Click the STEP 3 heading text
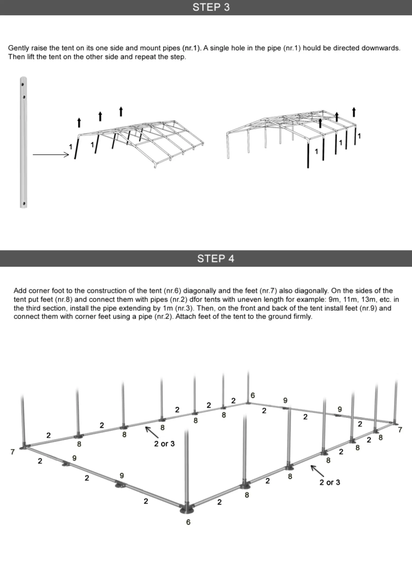[211, 7]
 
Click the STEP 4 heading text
[216, 259]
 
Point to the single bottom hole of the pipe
[24, 203]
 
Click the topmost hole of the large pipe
[23, 84]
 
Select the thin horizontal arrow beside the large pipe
[51, 155]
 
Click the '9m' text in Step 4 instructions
[334, 299]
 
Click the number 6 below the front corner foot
[188, 522]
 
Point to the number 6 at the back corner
[253, 395]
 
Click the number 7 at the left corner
[12, 452]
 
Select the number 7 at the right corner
[400, 430]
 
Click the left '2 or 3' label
[164, 444]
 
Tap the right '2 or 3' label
[330, 482]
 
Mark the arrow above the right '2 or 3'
[317, 471]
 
